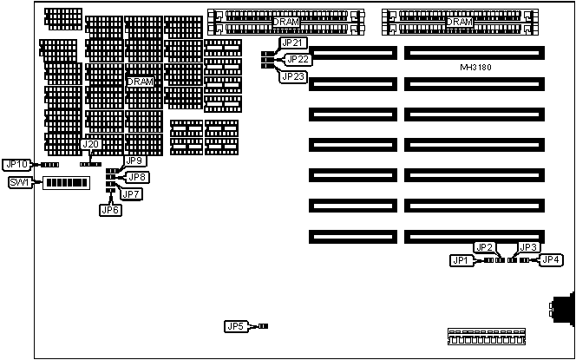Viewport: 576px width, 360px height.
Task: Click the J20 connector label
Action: tap(90, 144)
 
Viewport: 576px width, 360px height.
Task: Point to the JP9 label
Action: tap(135, 160)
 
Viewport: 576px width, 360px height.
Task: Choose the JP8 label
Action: tap(138, 177)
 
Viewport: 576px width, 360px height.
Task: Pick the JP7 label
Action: tap(132, 193)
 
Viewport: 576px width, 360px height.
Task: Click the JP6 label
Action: tap(110, 209)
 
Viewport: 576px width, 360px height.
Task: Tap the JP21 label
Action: tap(292, 43)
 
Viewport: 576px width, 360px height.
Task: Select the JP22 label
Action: tap(298, 59)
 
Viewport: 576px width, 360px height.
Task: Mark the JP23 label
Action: tap(292, 75)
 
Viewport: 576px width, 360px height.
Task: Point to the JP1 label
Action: tap(461, 260)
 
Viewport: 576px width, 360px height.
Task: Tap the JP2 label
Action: tap(484, 247)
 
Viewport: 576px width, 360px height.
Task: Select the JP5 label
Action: tap(235, 326)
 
